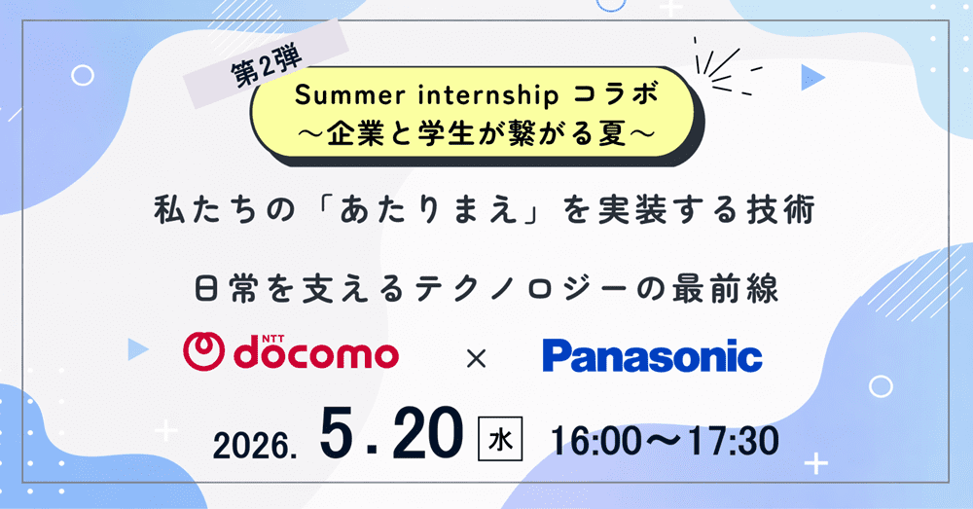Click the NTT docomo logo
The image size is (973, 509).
click(290, 352)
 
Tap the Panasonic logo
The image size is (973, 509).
click(652, 355)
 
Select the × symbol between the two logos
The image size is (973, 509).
click(476, 358)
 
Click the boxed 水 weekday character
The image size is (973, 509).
click(500, 440)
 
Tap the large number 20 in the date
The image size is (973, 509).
click(428, 434)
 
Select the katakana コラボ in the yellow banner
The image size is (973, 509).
click(616, 94)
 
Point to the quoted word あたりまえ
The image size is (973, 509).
click(428, 210)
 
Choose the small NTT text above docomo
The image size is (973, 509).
click(273, 339)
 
